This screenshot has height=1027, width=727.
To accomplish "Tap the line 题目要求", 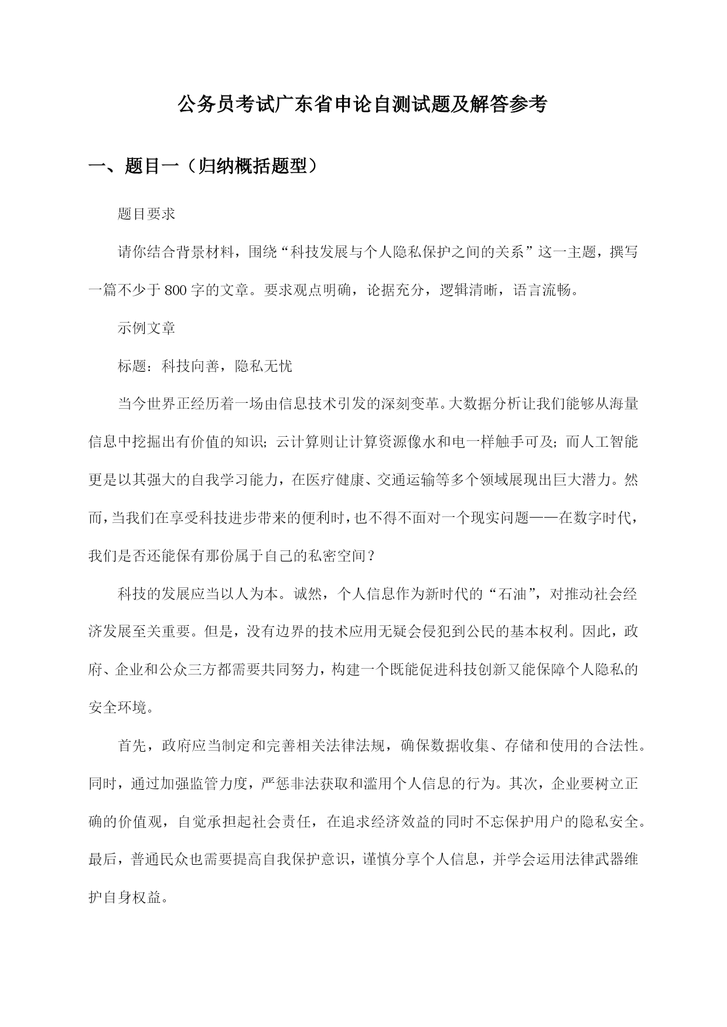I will coord(146,214).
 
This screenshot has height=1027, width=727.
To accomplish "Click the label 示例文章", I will coord(146,328).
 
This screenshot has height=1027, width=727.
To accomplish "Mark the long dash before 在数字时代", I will coord(544,519).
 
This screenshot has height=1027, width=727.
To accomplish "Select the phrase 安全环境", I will coord(117,708).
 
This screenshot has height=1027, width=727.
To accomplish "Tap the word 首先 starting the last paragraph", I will coord(132,747).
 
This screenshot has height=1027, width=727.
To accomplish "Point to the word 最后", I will coord(103,861).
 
